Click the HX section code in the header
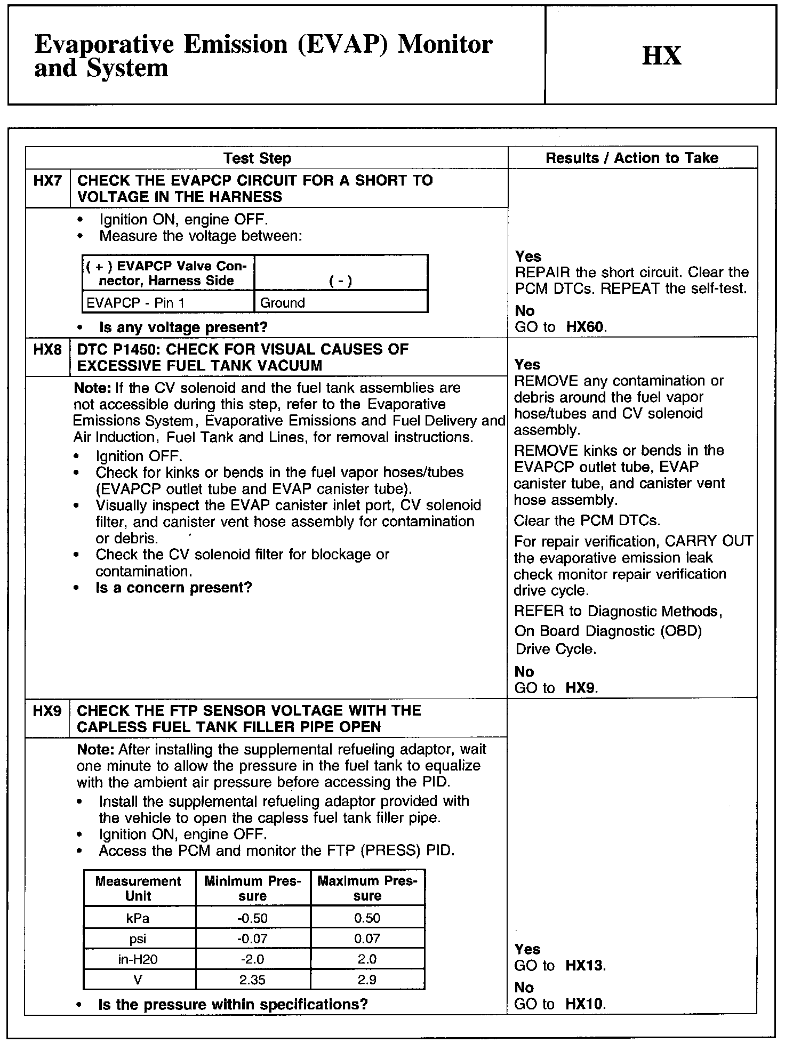coord(661,55)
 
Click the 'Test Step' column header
coord(257,158)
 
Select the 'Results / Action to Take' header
coord(632,158)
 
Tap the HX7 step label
coord(47,181)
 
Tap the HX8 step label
coord(47,350)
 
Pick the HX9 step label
coord(47,711)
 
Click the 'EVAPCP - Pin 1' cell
coord(135,303)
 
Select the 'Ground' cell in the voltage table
coord(283,303)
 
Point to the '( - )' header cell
coord(341,281)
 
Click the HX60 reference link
coord(585,327)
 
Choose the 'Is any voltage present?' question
coord(183,327)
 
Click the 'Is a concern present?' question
coord(173,588)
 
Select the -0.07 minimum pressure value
coord(253,938)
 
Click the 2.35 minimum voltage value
coord(253,980)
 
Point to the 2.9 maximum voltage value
coord(367,980)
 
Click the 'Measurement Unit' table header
coord(138,888)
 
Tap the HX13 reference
coord(585,966)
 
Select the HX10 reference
coord(584,1005)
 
